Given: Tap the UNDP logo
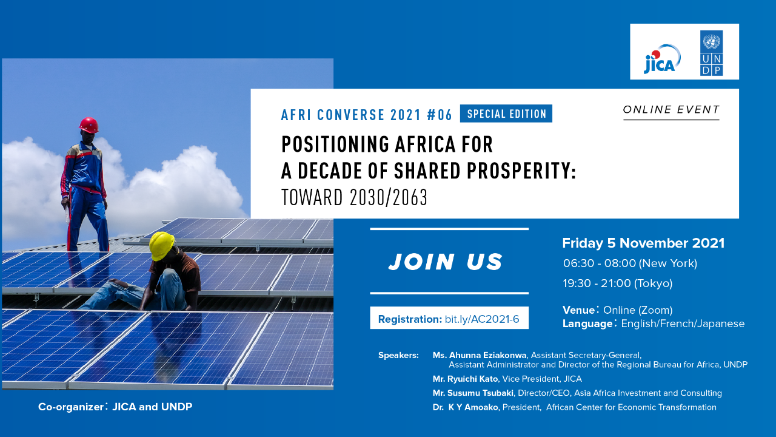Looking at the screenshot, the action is coord(711,53).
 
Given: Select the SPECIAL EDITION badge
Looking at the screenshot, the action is coord(506,113).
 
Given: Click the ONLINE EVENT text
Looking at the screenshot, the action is coord(671,110).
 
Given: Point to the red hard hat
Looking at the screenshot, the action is coord(89,125).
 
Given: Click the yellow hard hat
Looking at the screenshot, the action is coord(161,245).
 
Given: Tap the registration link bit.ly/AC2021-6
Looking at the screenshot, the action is coord(482,319).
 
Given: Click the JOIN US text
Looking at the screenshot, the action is coord(446,262).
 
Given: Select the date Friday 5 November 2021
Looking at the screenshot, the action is coord(643,243).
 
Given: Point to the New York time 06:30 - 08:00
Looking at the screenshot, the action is coord(600,263).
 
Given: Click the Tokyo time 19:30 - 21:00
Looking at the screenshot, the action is coord(597,283).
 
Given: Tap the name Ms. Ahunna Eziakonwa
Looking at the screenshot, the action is coord(480,355).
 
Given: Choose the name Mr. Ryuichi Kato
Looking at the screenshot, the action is coord(465,379).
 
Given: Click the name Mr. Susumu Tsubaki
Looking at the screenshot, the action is coord(473,393).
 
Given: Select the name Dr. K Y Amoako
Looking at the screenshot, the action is coord(465,407).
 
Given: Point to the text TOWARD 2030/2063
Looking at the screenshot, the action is coord(355,197).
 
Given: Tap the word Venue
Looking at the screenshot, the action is coord(578,310).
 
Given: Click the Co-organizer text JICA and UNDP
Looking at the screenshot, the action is coord(152,407).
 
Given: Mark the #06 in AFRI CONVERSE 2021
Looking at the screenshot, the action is coord(440,115).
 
